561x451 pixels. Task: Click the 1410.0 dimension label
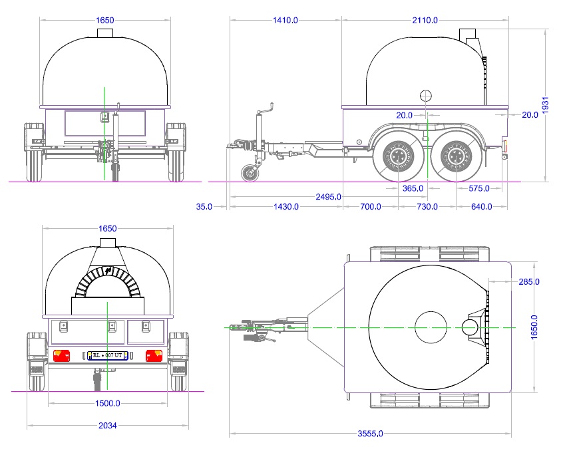[x=285, y=21]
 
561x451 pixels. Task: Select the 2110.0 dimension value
[x=425, y=21]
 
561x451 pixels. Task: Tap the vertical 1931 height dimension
[x=545, y=104]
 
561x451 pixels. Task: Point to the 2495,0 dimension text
[x=329, y=196]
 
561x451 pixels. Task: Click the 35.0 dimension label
[x=203, y=206]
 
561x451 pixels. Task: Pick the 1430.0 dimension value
[x=286, y=206]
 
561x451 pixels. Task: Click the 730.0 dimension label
[x=427, y=206]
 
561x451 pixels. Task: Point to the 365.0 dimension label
[x=413, y=188]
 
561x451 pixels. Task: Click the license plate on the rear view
[x=106, y=355]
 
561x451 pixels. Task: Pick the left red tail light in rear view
[x=61, y=355]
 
